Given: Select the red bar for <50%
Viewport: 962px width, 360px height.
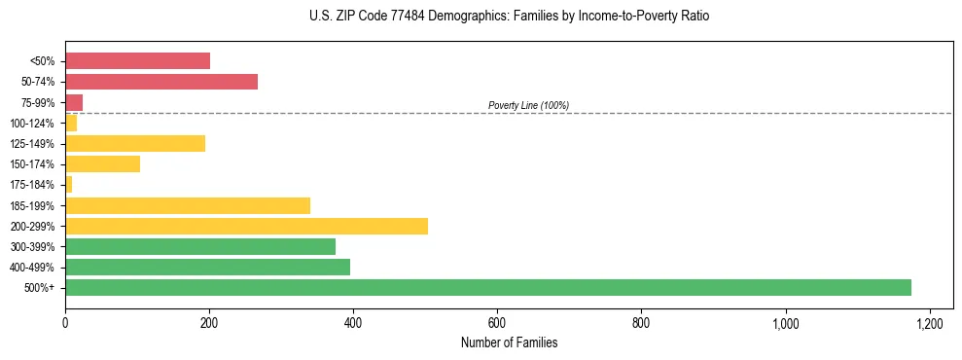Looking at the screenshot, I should (137, 61).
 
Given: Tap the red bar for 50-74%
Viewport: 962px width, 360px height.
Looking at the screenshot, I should (161, 82).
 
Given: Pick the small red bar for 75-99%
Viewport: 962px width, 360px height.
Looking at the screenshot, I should (74, 102).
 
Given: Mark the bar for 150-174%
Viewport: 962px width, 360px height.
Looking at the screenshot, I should (102, 164).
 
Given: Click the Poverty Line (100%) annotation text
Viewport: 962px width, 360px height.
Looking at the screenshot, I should (528, 105).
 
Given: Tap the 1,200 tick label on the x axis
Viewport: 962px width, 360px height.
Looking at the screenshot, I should (929, 324).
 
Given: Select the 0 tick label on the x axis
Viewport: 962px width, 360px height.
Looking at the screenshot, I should (65, 324).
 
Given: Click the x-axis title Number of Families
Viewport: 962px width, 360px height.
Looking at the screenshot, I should (509, 343).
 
